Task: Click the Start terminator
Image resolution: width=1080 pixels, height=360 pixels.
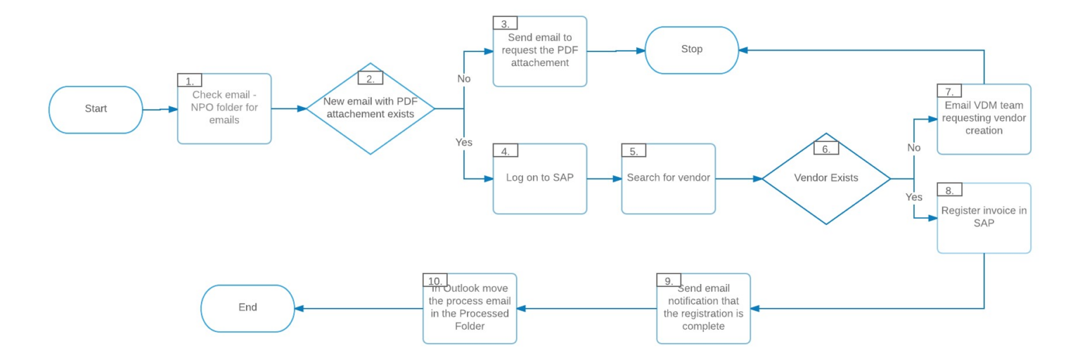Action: pyautogui.click(x=96, y=110)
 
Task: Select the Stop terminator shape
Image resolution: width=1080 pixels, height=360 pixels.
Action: pyautogui.click(x=691, y=50)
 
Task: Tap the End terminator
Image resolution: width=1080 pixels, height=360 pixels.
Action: pyautogui.click(x=247, y=308)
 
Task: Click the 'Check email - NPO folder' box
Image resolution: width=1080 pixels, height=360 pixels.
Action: pyautogui.click(x=224, y=110)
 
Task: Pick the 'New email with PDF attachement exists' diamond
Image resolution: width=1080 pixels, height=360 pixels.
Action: pyautogui.click(x=370, y=108)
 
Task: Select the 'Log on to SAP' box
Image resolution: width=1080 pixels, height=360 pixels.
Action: pyautogui.click(x=539, y=179)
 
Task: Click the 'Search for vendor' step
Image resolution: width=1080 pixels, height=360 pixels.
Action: pyautogui.click(x=668, y=179)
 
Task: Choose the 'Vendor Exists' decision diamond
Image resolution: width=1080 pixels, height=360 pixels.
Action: pyautogui.click(x=826, y=179)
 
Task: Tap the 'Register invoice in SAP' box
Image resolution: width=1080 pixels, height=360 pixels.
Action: pyautogui.click(x=984, y=218)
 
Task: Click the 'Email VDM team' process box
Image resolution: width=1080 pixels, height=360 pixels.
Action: pyautogui.click(x=984, y=120)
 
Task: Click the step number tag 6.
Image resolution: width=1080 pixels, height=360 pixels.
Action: pyautogui.click(x=826, y=148)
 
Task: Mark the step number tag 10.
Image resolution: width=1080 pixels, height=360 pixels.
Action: pyautogui.click(x=434, y=281)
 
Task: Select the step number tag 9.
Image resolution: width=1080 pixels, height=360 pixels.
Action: pyautogui.click(x=669, y=281)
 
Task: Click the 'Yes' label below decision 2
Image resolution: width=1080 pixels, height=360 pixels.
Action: pyautogui.click(x=464, y=142)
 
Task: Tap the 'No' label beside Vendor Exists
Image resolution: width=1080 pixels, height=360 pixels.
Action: pyautogui.click(x=913, y=148)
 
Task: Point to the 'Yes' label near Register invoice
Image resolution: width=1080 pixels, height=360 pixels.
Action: pyautogui.click(x=913, y=198)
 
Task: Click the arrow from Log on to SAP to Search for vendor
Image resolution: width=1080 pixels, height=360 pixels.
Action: pyautogui.click(x=604, y=179)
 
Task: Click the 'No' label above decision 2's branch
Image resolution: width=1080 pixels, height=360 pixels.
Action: pyautogui.click(x=464, y=79)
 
